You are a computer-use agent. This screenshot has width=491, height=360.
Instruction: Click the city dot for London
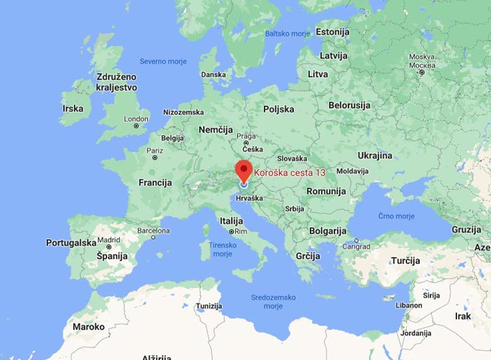(x=136, y=125)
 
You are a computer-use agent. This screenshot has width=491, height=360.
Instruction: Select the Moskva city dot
(x=422, y=73)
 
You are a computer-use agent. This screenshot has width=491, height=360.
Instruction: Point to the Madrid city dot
(x=109, y=247)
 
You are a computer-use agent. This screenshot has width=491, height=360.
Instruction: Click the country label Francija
(x=155, y=183)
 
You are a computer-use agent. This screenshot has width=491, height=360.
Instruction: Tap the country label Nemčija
(x=215, y=129)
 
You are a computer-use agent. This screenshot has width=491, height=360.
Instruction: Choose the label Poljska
(x=278, y=109)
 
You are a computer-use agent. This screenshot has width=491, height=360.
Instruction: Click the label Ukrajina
(x=375, y=155)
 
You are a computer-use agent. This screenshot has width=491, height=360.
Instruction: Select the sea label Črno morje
(x=396, y=216)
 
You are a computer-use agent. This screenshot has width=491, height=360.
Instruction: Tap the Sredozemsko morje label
(x=273, y=301)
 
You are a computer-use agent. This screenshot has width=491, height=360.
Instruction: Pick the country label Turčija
(x=405, y=261)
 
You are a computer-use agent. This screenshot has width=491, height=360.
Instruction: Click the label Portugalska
(x=71, y=243)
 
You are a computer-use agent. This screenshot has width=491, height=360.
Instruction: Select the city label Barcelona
(x=153, y=231)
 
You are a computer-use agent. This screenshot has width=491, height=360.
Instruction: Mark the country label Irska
(x=73, y=108)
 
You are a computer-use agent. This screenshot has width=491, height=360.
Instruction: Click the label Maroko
(x=88, y=327)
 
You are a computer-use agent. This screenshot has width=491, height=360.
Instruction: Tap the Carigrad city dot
(x=357, y=240)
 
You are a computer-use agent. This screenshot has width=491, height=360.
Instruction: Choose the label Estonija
(x=332, y=32)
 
